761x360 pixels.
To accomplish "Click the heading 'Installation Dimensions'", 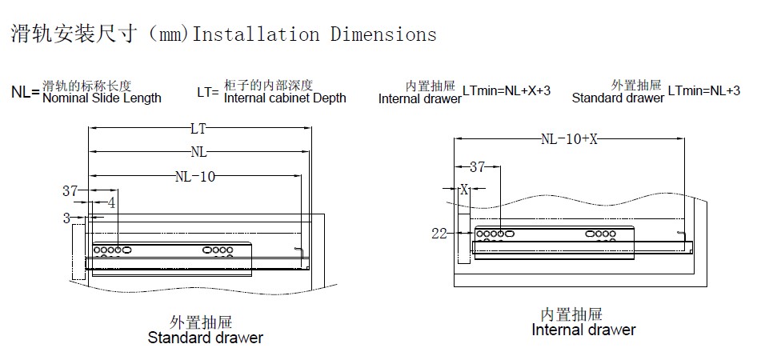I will coord(315,34).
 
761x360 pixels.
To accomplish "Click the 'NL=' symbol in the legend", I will coord(25,92).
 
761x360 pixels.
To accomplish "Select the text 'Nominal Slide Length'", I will coord(102,98).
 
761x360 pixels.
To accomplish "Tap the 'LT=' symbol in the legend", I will coord(208,92).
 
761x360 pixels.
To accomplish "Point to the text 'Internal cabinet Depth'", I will coord(285,98).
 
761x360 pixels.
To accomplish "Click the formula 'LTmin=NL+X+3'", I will coord(507,91).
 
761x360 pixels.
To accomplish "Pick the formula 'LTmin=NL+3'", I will coord(703,91).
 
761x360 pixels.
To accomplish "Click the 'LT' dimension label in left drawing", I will coord(199,128).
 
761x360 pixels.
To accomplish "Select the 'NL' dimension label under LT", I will coord(199,151).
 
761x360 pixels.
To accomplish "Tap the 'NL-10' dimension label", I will coord(194,177).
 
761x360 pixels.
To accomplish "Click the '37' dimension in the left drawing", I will coord(71,190).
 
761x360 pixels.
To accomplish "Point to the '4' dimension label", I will coord(111,203).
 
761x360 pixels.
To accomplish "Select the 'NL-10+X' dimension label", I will coord(570,138).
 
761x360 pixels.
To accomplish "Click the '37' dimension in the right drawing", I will coord(477,167).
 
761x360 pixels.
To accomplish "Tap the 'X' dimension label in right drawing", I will coord(463,190).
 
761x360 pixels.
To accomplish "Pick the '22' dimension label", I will coord(438,233).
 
